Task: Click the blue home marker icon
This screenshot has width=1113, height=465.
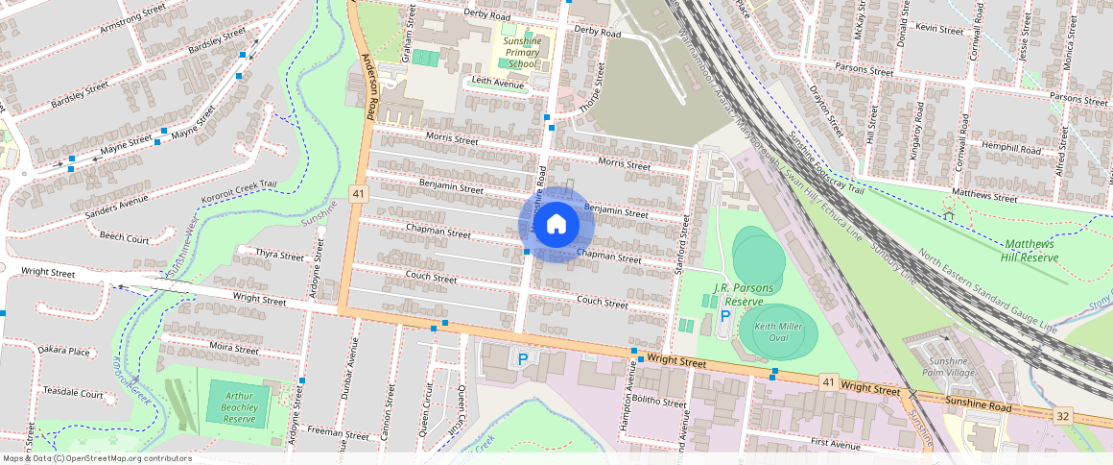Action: pos(556,225)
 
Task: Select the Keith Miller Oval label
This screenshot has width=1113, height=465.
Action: pos(777,333)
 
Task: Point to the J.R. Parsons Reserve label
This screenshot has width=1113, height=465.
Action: pos(744,294)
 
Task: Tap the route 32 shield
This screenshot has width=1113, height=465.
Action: pos(1062,416)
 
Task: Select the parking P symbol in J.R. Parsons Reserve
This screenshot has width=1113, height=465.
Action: pos(725,315)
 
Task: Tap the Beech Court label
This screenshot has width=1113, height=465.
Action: pos(124,237)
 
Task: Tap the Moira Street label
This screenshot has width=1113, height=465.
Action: pos(233,349)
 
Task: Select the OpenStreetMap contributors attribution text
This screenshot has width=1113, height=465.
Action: pos(96,458)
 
